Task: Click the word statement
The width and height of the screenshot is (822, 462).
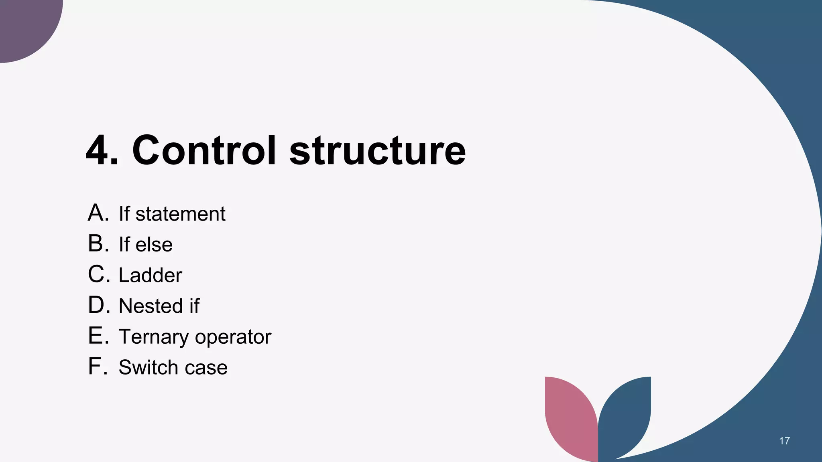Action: point(180,214)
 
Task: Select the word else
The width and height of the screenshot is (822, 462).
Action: point(154,245)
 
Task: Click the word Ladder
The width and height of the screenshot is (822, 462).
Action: point(150,275)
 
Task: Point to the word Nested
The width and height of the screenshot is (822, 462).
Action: point(151,306)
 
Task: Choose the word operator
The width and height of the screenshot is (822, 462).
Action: point(233,337)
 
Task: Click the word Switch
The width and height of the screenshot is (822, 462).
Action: point(148,367)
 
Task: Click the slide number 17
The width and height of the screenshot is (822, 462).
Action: point(784,441)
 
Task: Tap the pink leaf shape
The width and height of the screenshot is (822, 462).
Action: point(570,417)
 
